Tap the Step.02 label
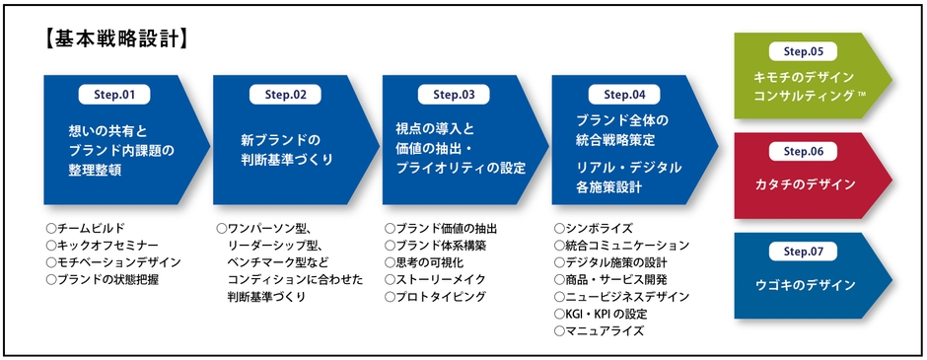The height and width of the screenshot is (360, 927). click(285, 95)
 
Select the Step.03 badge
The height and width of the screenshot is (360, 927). click(454, 95)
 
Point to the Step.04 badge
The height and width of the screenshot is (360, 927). click(623, 95)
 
